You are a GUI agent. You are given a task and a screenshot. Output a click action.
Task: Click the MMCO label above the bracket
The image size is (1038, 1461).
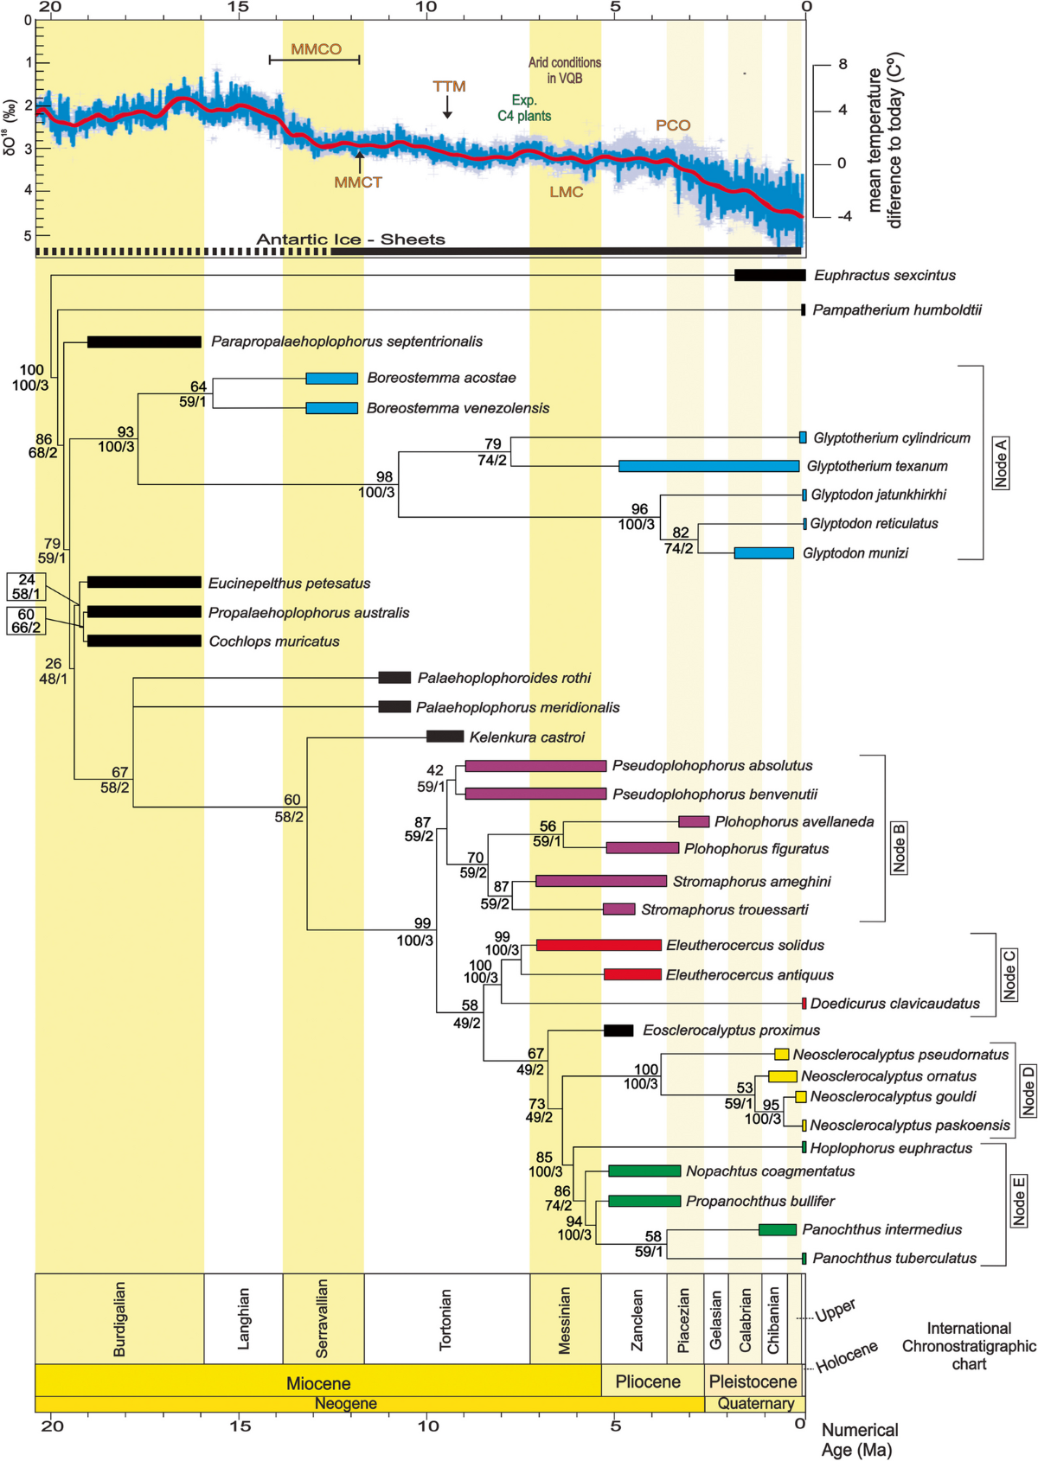tap(316, 49)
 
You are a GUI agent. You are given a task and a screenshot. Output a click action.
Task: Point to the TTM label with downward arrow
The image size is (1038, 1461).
tap(449, 86)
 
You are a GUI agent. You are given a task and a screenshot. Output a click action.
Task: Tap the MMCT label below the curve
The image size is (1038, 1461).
tap(357, 182)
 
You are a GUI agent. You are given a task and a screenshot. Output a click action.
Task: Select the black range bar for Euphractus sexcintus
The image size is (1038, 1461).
tap(769, 275)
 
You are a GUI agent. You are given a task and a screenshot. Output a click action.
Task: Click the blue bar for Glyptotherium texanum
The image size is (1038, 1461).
tap(708, 466)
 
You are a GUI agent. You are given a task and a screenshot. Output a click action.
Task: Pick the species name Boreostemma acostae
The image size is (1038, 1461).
tap(441, 378)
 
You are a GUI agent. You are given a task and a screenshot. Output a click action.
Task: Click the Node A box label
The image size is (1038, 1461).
tap(1001, 463)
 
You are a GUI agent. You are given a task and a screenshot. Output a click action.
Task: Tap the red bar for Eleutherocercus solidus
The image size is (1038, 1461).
tap(599, 945)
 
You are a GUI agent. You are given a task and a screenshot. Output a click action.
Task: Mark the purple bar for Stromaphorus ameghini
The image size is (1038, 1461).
tap(600, 881)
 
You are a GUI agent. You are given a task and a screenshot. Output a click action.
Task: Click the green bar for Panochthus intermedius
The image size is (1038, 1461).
tap(777, 1229)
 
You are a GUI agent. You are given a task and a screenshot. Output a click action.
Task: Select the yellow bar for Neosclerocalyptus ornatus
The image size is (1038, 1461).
tap(782, 1076)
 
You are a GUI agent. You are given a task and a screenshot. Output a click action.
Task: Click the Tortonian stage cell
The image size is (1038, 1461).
tap(446, 1319)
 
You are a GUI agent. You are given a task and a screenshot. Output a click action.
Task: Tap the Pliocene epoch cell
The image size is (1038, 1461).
tap(648, 1381)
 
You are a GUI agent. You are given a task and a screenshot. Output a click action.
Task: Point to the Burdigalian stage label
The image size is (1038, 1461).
tap(119, 1319)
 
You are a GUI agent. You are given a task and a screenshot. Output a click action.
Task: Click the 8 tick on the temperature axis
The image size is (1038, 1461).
tap(842, 65)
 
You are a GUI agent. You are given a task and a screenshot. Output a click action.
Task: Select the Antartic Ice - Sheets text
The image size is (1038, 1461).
tap(350, 239)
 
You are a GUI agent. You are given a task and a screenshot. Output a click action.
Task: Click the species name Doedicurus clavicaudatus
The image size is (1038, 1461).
tap(894, 1004)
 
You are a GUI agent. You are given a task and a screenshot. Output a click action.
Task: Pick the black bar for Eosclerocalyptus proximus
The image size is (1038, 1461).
tap(618, 1030)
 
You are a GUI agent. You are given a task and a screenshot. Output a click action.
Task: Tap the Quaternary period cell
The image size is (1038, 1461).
tap(755, 1404)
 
